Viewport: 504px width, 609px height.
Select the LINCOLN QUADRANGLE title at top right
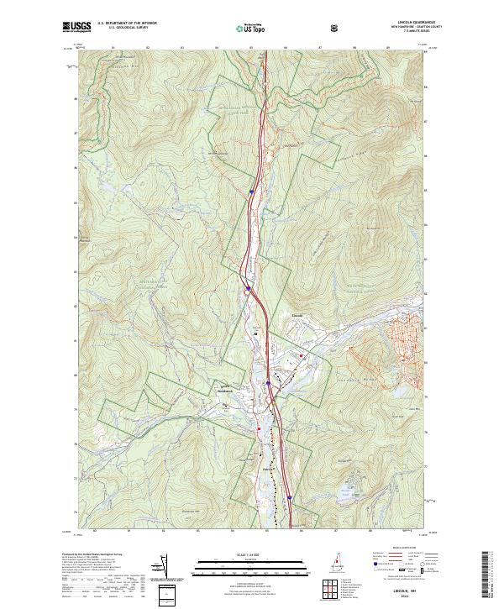point(410,23)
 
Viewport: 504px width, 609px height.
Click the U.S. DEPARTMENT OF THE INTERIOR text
point(127,24)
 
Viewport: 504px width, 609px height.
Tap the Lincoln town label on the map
point(296,317)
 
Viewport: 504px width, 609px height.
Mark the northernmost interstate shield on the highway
point(250,192)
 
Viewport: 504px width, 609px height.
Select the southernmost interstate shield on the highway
point(288,498)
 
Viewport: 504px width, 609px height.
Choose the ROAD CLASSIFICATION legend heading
point(403,545)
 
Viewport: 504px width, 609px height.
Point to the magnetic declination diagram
point(155,568)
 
